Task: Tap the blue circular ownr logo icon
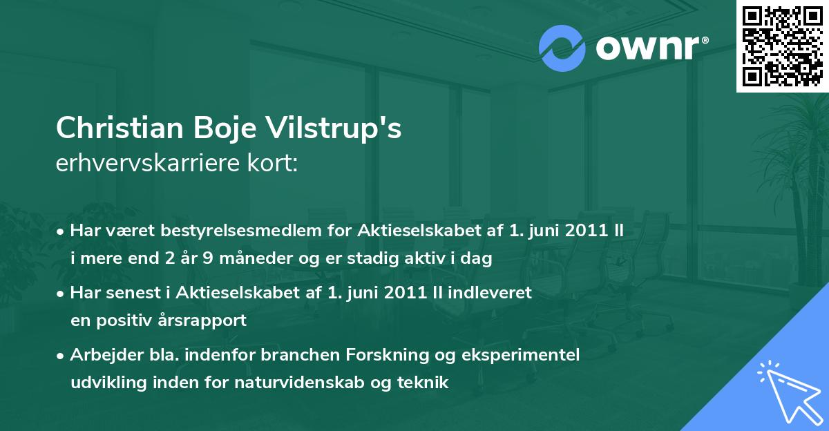click(562, 48)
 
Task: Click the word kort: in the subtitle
click(272, 163)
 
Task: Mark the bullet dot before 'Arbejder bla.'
click(61, 356)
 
